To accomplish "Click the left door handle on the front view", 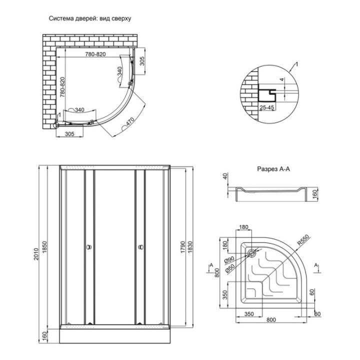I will [x=89, y=246].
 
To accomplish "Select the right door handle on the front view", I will [x=139, y=246].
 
